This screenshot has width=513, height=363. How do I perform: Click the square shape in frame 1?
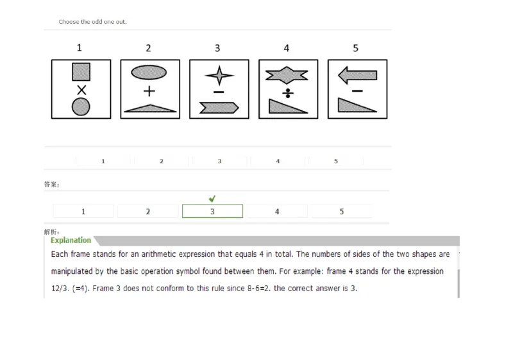pyautogui.click(x=81, y=71)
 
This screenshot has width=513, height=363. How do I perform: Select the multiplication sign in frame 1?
pyautogui.click(x=81, y=89)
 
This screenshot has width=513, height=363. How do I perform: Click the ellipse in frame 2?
pyautogui.click(x=149, y=72)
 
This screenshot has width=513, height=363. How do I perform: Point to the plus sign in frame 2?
pyautogui.click(x=149, y=91)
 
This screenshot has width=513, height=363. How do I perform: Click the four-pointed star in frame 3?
pyautogui.click(x=219, y=75)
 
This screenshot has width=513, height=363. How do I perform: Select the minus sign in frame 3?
pyautogui.click(x=219, y=92)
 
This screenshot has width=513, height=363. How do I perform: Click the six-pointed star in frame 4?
pyautogui.click(x=287, y=76)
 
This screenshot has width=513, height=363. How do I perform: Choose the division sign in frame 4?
pyautogui.click(x=288, y=93)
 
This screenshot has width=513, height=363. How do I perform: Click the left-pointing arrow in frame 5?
pyautogui.click(x=357, y=76)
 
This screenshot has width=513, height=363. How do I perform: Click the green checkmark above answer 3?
pyautogui.click(x=212, y=199)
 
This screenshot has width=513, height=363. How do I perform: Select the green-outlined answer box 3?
pyautogui.click(x=212, y=212)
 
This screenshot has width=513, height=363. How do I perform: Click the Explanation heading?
pyautogui.click(x=71, y=241)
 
